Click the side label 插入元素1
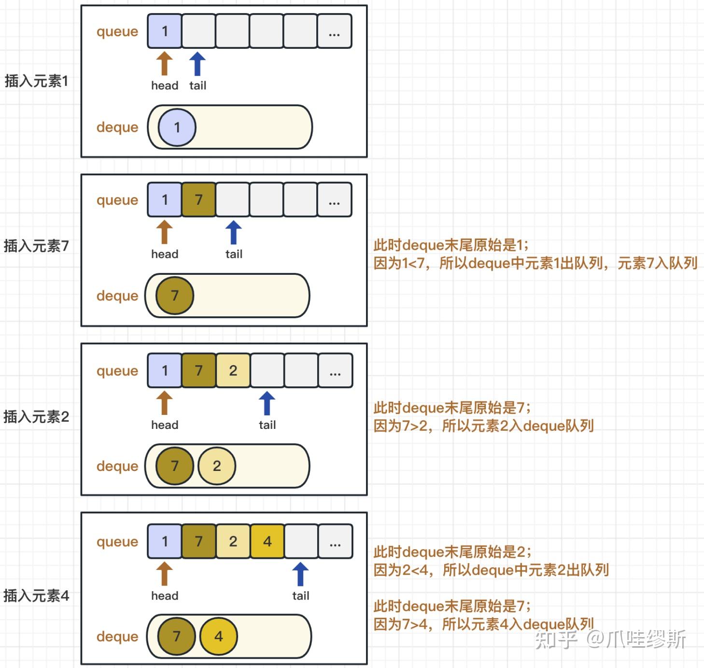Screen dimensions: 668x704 coord(36,81)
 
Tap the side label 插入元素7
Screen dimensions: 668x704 coord(36,246)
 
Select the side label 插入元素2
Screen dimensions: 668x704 coord(36,416)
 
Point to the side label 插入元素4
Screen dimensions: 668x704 coord(36,596)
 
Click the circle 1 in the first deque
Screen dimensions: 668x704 coord(177,127)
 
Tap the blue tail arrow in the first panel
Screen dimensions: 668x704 coord(197,64)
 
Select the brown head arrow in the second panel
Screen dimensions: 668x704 coord(164,232)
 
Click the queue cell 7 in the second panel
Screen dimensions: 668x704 coord(198,199)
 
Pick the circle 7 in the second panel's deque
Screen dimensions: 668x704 coord(175,296)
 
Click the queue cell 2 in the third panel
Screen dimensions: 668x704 coord(233,370)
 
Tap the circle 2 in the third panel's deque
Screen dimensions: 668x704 coord(217,466)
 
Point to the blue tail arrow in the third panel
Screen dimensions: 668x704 coord(267,403)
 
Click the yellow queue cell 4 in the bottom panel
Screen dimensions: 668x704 coord(267,541)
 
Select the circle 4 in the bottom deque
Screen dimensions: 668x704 coord(218,636)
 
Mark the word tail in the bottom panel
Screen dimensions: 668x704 coord(300,596)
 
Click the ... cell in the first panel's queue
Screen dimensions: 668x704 coord(334,31)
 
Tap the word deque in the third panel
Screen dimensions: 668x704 coord(117,466)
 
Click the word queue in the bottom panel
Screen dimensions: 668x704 coord(117,541)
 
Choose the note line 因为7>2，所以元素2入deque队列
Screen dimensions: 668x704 coord(483,426)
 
